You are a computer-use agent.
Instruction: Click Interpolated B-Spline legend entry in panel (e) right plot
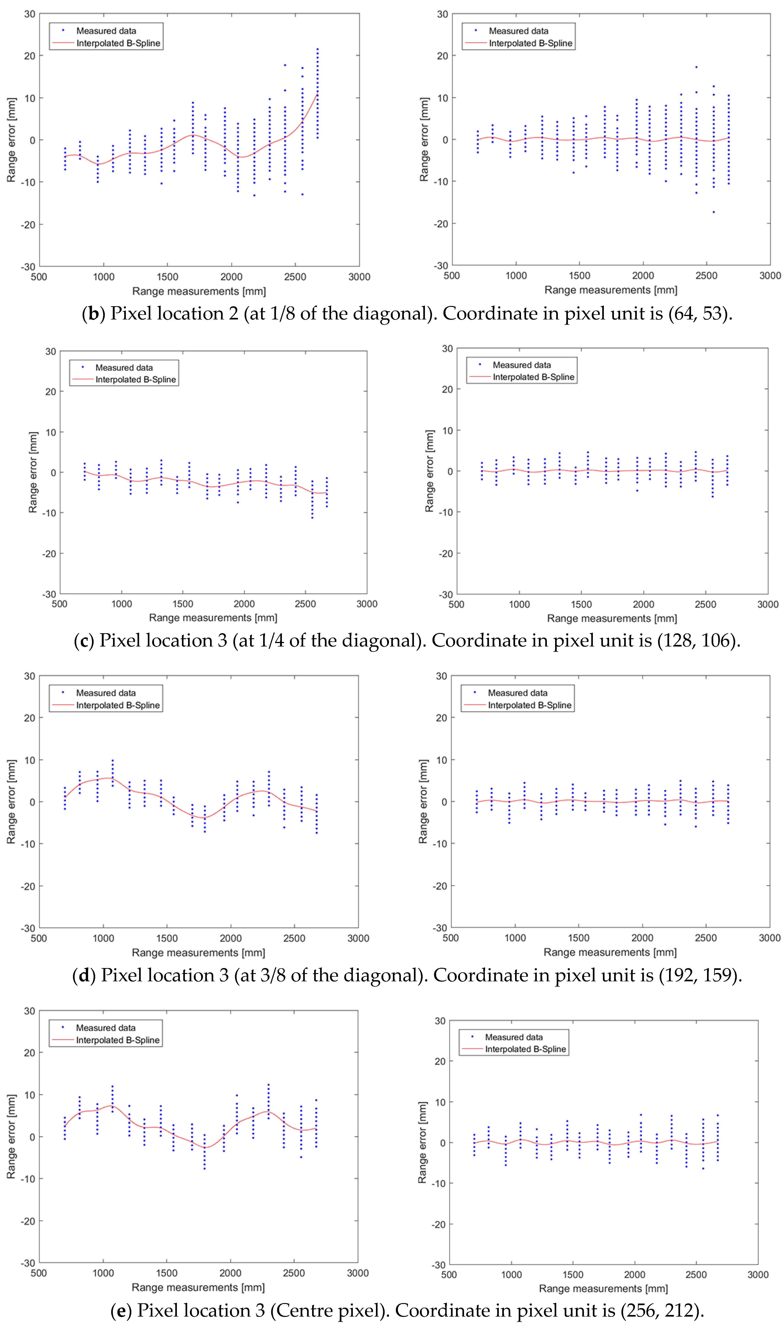(x=525, y=1049)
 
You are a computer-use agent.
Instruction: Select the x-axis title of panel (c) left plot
(x=213, y=618)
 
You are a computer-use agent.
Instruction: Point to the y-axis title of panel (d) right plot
(x=423, y=801)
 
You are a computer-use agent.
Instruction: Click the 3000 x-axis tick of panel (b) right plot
(x=770, y=276)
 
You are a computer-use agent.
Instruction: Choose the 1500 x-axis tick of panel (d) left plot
(x=167, y=938)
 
